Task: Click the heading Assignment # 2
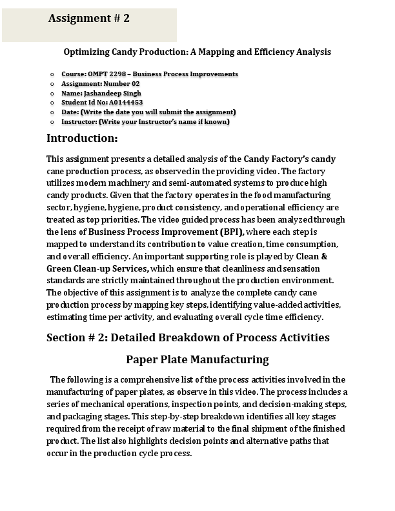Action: pos(89,19)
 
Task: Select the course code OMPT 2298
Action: pos(107,74)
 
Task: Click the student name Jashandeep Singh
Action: pos(113,93)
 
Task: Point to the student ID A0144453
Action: pos(126,102)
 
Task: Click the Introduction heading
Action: pos(82,138)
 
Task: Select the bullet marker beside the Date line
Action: pos(52,112)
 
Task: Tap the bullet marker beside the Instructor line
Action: pos(52,121)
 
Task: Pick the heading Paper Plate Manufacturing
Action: pos(197,359)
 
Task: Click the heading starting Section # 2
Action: pos(188,337)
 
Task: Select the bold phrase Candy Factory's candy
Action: pos(290,159)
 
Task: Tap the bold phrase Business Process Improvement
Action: pos(153,232)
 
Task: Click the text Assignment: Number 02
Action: pos(100,84)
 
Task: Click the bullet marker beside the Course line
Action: pos(52,74)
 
